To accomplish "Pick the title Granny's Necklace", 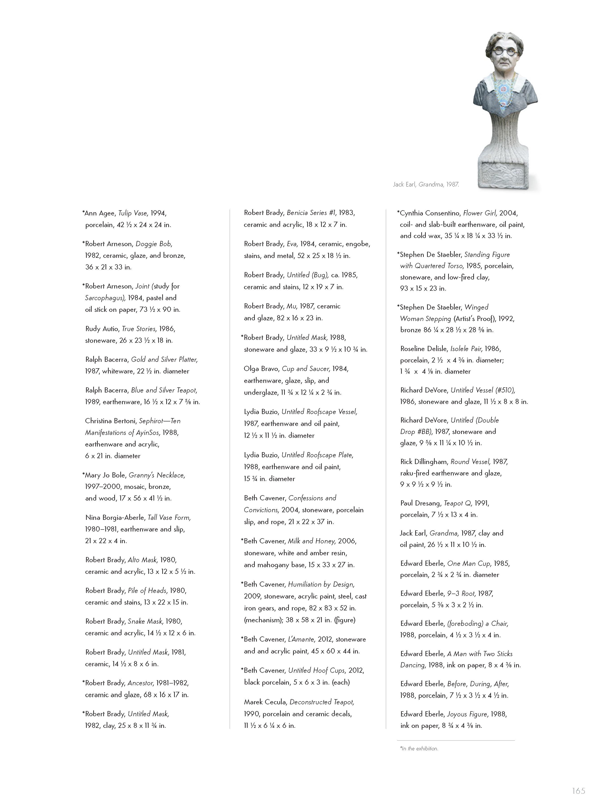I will [x=160, y=475].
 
